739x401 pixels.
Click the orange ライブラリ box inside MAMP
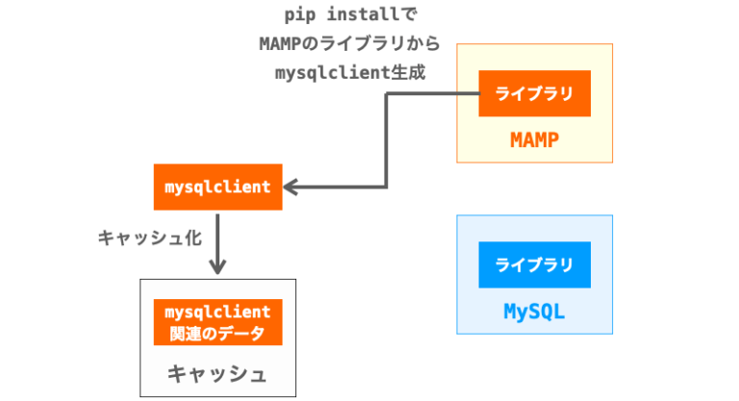point(534,94)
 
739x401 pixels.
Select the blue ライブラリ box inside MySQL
point(534,265)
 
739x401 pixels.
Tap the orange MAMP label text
point(534,140)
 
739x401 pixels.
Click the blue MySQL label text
point(534,312)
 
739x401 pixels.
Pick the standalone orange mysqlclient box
point(217,188)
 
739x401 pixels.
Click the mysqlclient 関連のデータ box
point(217,323)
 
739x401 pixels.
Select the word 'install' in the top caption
point(349,16)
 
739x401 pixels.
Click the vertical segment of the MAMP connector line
point(387,140)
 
